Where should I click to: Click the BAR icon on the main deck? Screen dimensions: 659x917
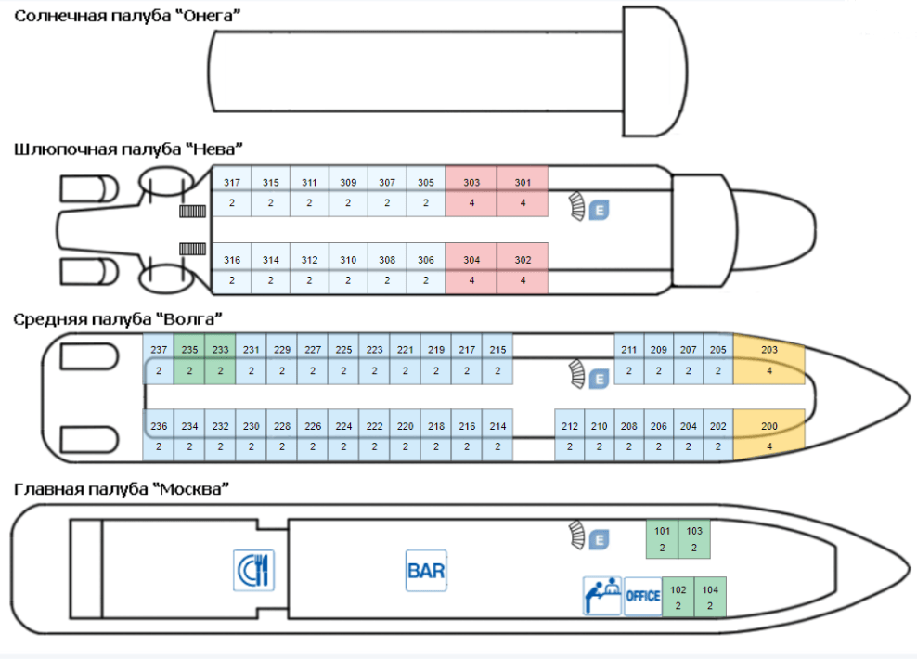pos(426,570)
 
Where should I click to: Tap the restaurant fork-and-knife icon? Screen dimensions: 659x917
pos(253,570)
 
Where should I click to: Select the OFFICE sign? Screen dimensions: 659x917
pos(642,596)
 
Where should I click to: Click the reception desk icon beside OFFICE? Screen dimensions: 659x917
pos(601,596)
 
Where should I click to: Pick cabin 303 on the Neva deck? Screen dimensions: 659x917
pos(471,192)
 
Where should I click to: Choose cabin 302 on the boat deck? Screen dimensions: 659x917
pos(523,269)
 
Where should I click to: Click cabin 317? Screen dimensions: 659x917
pos(232,192)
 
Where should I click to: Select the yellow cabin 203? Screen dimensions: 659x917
pos(768,359)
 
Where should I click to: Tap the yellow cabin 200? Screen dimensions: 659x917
pos(768,435)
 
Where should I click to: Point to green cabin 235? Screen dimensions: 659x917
pos(189,359)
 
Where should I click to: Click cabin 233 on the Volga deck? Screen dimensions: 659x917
pos(220,359)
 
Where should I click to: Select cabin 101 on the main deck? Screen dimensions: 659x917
pos(663,539)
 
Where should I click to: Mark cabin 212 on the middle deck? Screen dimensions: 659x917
pos(570,435)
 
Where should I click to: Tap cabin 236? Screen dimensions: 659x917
pos(159,435)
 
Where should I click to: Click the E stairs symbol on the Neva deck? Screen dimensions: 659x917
pos(600,211)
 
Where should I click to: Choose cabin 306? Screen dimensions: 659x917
pos(425,269)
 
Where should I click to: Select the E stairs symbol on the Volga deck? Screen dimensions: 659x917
pos(600,379)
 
